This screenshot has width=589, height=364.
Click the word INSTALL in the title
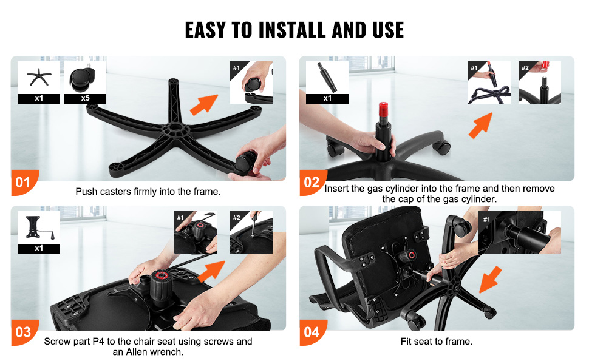coord(291,30)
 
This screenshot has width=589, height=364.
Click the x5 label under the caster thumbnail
coord(85,99)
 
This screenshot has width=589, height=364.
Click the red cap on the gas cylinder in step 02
coord(383,109)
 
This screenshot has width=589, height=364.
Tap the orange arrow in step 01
coord(204,104)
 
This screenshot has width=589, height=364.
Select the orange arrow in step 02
coord(481,126)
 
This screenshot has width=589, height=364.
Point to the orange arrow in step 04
coord(491,279)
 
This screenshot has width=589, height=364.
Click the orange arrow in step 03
coord(211,271)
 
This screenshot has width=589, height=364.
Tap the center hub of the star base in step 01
coord(174,129)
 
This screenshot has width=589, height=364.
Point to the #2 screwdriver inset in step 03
coord(251,232)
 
